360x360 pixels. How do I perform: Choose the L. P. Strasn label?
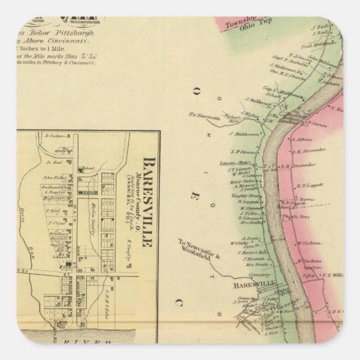click(x=244, y=151)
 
